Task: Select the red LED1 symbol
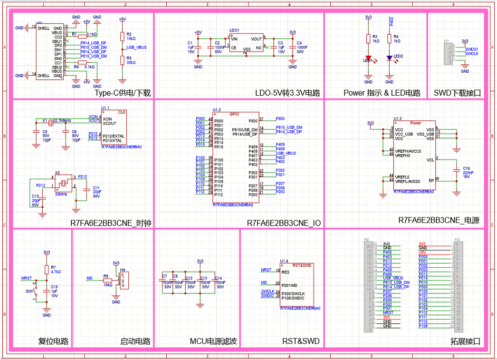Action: click(x=368, y=58)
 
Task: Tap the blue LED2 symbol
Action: click(x=390, y=58)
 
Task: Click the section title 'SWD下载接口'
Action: click(x=457, y=93)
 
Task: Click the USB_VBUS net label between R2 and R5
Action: click(x=136, y=48)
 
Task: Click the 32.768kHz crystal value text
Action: click(x=62, y=120)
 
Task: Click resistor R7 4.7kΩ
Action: click(x=47, y=270)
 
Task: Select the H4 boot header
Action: click(x=125, y=281)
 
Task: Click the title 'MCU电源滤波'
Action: click(x=213, y=341)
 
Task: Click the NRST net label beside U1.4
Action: click(x=266, y=270)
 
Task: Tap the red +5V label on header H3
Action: click(x=422, y=252)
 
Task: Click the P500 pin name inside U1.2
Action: click(x=253, y=121)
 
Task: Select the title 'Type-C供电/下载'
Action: click(x=123, y=93)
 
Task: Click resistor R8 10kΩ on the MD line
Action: click(x=108, y=281)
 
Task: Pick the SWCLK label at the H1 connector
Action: click(x=472, y=54)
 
